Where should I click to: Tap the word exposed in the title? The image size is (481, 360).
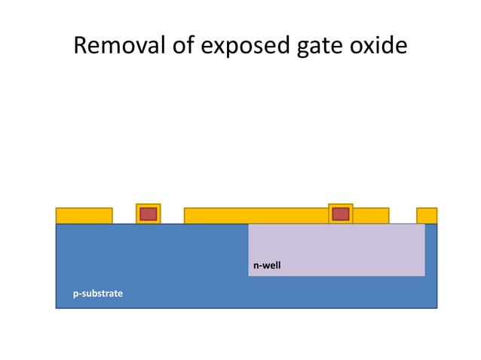[x=243, y=46]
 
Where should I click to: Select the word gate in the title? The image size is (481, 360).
[x=322, y=46]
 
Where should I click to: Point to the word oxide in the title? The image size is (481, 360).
[x=381, y=46]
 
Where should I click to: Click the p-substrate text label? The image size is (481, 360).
[x=97, y=293]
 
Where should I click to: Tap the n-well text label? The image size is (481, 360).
[x=267, y=266]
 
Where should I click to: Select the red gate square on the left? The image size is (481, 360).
[x=148, y=214]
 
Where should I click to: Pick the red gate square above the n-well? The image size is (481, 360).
[x=341, y=214]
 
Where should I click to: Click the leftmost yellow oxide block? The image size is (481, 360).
[x=84, y=216]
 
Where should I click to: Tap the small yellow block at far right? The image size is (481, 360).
[x=427, y=216]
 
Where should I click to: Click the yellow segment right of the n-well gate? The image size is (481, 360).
[x=370, y=216]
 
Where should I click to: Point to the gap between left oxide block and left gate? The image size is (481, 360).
[x=124, y=216]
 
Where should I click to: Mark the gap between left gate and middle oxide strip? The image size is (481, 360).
[x=172, y=216]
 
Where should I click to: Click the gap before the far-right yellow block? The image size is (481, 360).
[x=403, y=216]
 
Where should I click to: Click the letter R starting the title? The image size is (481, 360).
[x=81, y=46]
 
